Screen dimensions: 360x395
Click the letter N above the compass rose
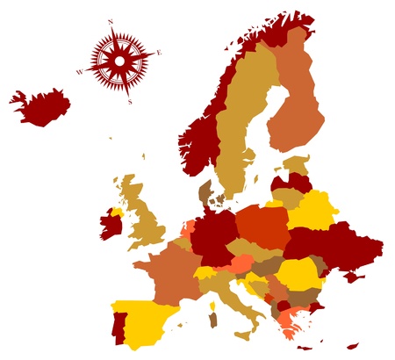111,21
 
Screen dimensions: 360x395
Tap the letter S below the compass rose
130,102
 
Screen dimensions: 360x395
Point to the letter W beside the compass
78,72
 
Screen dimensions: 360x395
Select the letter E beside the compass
159,52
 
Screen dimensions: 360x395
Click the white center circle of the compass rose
119,61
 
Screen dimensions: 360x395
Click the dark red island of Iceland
42,106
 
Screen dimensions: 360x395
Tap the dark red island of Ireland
111,224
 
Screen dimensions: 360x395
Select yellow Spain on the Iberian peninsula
145,320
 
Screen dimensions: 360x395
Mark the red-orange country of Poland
262,227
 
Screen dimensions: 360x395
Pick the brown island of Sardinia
212,320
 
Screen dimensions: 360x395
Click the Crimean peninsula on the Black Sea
354,277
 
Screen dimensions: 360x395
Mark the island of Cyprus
352,344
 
